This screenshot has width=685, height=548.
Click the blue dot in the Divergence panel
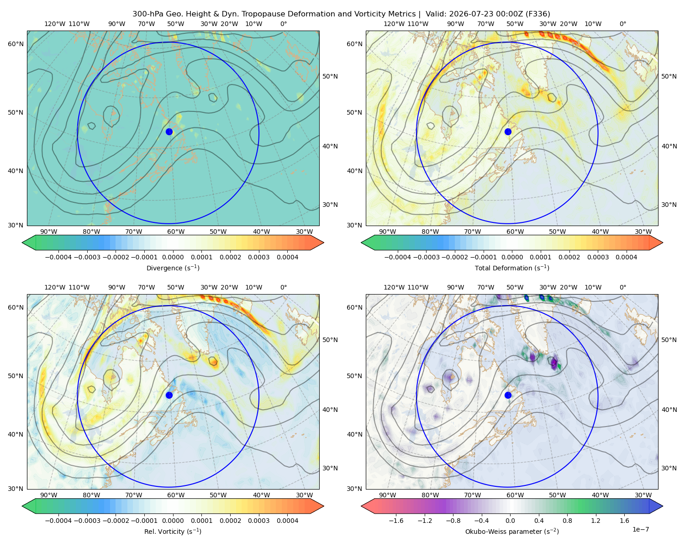pyautogui.click(x=169, y=132)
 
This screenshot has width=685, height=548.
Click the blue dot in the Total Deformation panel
pyautogui.click(x=508, y=132)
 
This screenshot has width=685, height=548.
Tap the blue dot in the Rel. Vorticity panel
pyautogui.click(x=169, y=395)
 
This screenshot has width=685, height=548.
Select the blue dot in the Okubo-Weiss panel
pyautogui.click(x=508, y=395)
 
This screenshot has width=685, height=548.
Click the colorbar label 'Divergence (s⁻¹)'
pyautogui.click(x=173, y=268)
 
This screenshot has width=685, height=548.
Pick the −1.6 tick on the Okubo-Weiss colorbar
pyautogui.click(x=396, y=521)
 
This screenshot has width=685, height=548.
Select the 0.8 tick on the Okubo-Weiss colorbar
pyautogui.click(x=567, y=521)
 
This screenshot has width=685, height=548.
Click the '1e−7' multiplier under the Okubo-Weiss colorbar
pyautogui.click(x=640, y=529)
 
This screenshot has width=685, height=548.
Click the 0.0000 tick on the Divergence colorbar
pyautogui.click(x=173, y=257)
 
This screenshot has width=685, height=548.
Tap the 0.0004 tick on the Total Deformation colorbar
pyautogui.click(x=626, y=257)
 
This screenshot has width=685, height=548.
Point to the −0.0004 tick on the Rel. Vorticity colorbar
pyautogui.click(x=58, y=521)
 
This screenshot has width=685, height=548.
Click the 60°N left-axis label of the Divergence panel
pyautogui.click(x=16, y=44)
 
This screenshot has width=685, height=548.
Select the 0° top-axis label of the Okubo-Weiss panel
pyautogui.click(x=622, y=287)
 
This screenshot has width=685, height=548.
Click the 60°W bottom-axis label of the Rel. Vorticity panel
pyautogui.click(x=176, y=495)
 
